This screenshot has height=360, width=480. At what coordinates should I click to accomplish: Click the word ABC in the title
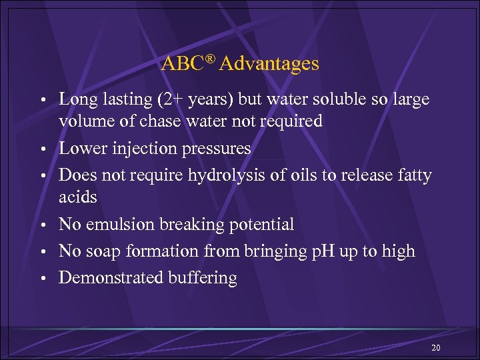pyautogui.click(x=180, y=64)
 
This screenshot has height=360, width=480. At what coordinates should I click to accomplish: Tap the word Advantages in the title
pyautogui.click(x=269, y=64)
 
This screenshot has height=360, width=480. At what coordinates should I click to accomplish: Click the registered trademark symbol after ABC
pyautogui.click(x=210, y=59)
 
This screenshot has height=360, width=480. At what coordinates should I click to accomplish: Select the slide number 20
pyautogui.click(x=436, y=348)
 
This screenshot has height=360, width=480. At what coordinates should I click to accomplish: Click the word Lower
pyautogui.click(x=83, y=148)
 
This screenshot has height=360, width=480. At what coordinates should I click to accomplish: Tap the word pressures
pyautogui.click(x=219, y=149)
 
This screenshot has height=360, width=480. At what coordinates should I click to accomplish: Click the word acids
pyautogui.click(x=78, y=197)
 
